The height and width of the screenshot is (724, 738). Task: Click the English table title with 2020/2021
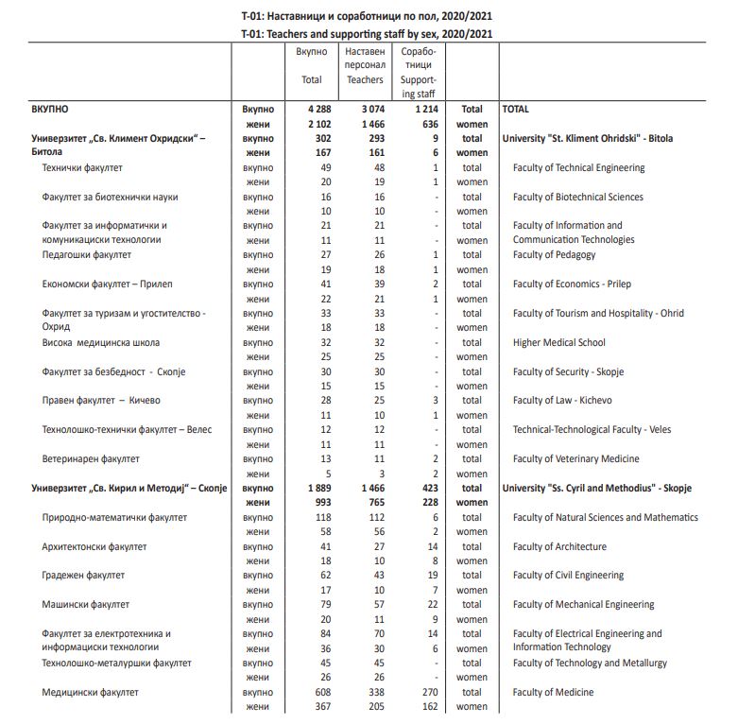[368, 33]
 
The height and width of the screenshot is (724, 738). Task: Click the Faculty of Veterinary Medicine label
[575, 458]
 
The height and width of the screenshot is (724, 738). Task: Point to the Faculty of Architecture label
[559, 546]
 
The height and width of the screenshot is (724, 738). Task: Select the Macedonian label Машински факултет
[86, 604]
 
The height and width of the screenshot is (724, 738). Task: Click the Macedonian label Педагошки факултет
[87, 254]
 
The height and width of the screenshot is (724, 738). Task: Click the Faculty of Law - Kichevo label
[562, 400]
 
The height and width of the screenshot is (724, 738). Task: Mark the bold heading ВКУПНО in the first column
[50, 110]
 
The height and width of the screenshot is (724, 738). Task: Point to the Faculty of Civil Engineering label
[568, 575]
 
